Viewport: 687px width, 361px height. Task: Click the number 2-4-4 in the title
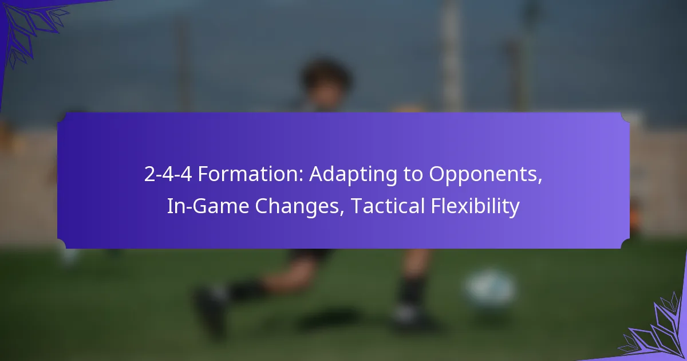168,175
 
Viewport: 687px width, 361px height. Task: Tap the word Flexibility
478,206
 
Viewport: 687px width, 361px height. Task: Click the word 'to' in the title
406,175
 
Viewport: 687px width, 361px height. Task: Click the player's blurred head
325,80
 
